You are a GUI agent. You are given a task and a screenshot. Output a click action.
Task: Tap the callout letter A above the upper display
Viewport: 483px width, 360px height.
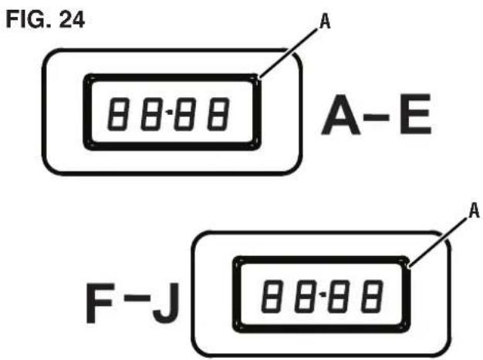click(x=325, y=22)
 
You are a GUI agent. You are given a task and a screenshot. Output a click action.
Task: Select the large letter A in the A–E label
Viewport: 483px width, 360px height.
click(x=341, y=114)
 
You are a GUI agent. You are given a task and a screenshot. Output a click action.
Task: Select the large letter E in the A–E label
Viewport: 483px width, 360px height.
click(x=415, y=114)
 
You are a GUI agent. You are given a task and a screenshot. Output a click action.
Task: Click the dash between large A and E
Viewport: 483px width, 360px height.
click(x=377, y=117)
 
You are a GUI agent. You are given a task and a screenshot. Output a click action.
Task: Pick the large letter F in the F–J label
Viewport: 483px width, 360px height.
click(x=100, y=304)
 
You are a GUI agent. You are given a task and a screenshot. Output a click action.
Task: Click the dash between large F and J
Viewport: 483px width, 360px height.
click(x=137, y=298)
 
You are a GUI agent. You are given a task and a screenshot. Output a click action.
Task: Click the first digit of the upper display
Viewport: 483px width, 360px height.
click(x=118, y=114)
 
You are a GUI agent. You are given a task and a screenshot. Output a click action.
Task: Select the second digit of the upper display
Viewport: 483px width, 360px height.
click(x=151, y=114)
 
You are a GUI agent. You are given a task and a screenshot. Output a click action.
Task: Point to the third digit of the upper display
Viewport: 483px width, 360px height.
click(x=184, y=114)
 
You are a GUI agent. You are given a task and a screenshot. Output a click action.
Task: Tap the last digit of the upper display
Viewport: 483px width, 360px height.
click(x=218, y=114)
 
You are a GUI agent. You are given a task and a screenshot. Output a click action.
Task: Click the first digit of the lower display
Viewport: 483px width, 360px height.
click(x=272, y=297)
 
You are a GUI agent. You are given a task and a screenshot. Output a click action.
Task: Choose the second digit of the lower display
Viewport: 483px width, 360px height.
click(x=305, y=297)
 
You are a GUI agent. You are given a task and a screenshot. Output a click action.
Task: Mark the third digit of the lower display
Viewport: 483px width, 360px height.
click(x=338, y=297)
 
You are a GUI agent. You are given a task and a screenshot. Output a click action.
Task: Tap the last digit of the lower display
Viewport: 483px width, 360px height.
click(x=372, y=297)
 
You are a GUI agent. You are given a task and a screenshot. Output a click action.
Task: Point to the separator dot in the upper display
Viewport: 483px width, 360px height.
click(x=169, y=113)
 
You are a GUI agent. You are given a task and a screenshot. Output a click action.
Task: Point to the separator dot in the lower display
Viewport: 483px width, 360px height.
click(x=323, y=295)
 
